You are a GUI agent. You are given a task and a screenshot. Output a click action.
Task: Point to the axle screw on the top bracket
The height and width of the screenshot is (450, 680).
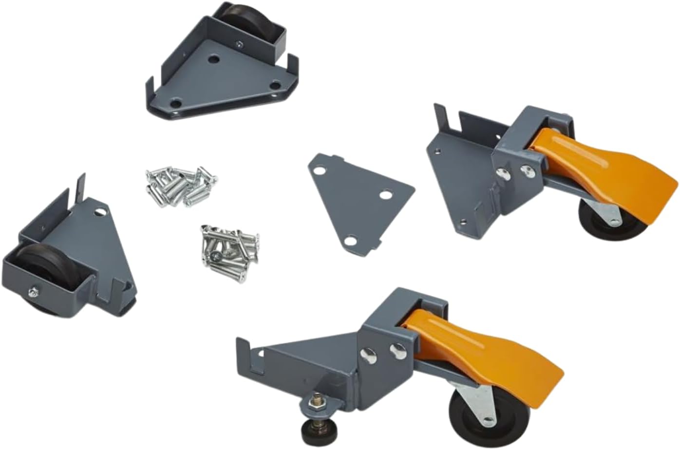point(240,43)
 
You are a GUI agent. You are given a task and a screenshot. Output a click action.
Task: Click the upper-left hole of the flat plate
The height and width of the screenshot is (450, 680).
point(320,172)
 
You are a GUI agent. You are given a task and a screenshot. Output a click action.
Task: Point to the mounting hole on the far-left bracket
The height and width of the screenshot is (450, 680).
point(101,213)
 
